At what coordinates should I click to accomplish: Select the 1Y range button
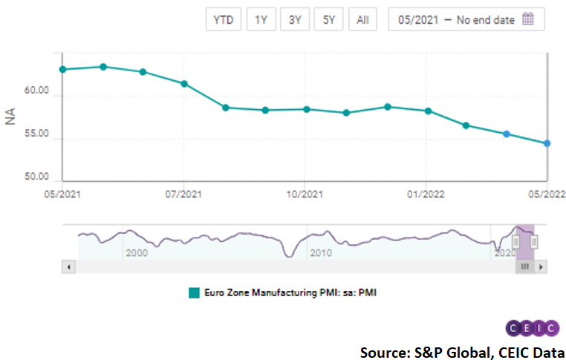[x=261, y=20]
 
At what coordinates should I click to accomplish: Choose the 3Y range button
[x=295, y=20]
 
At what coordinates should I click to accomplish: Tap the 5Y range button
[x=328, y=20]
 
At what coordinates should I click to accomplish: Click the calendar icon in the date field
[x=528, y=20]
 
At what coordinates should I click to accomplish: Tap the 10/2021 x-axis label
[x=305, y=194]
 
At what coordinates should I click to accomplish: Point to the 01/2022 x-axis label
[x=426, y=194]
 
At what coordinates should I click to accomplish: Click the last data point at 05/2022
[x=547, y=143]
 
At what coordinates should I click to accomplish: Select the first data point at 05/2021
[x=62, y=69]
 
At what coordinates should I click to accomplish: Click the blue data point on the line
[x=506, y=134]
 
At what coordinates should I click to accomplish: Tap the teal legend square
[x=195, y=292]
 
